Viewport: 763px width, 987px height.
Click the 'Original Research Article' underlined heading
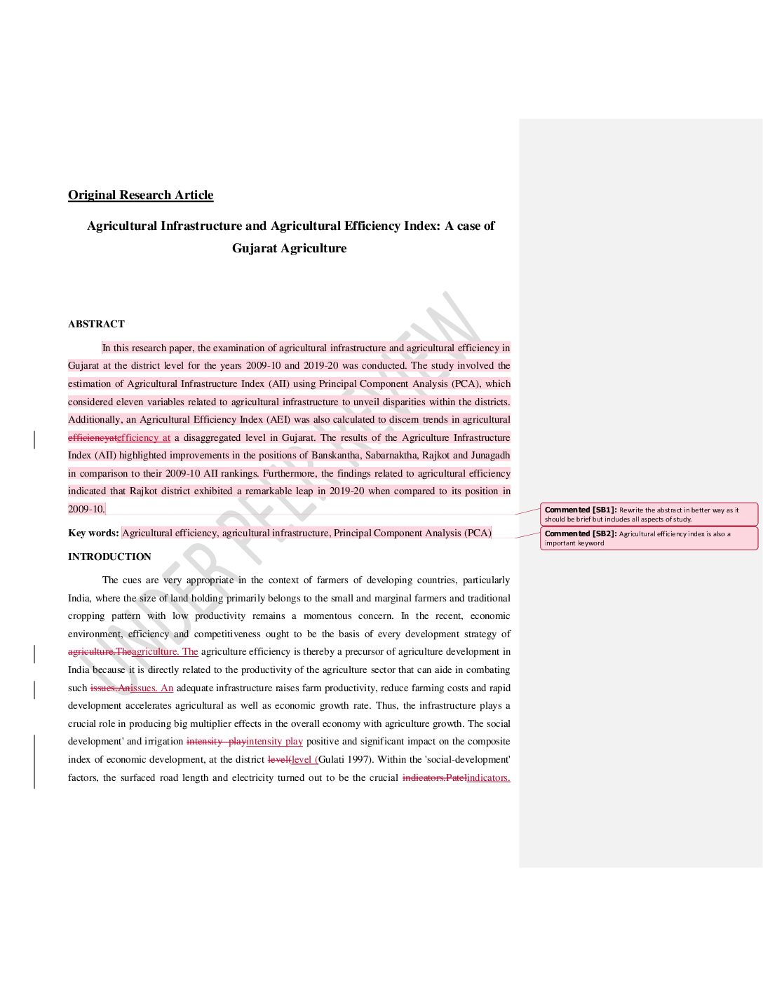click(x=140, y=195)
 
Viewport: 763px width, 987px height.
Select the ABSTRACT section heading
click(x=96, y=324)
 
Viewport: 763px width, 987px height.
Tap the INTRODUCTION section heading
click(x=109, y=557)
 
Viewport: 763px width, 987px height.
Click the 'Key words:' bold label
click(x=93, y=533)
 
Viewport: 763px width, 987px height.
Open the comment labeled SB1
click(x=649, y=515)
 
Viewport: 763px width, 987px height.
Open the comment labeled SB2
click(x=649, y=538)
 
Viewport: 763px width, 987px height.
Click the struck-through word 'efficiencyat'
click(x=92, y=437)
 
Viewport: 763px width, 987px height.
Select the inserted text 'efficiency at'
click(x=144, y=437)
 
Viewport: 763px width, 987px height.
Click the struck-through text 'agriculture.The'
click(x=100, y=651)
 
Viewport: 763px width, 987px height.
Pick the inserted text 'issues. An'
click(x=152, y=688)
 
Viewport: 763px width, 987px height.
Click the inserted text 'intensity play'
click(x=274, y=741)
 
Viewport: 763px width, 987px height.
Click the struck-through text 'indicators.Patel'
click(x=434, y=777)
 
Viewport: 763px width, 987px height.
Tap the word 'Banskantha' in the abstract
click(x=335, y=455)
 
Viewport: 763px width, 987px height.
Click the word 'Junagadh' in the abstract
click(x=490, y=455)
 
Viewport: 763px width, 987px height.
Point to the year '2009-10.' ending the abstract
click(x=86, y=509)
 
